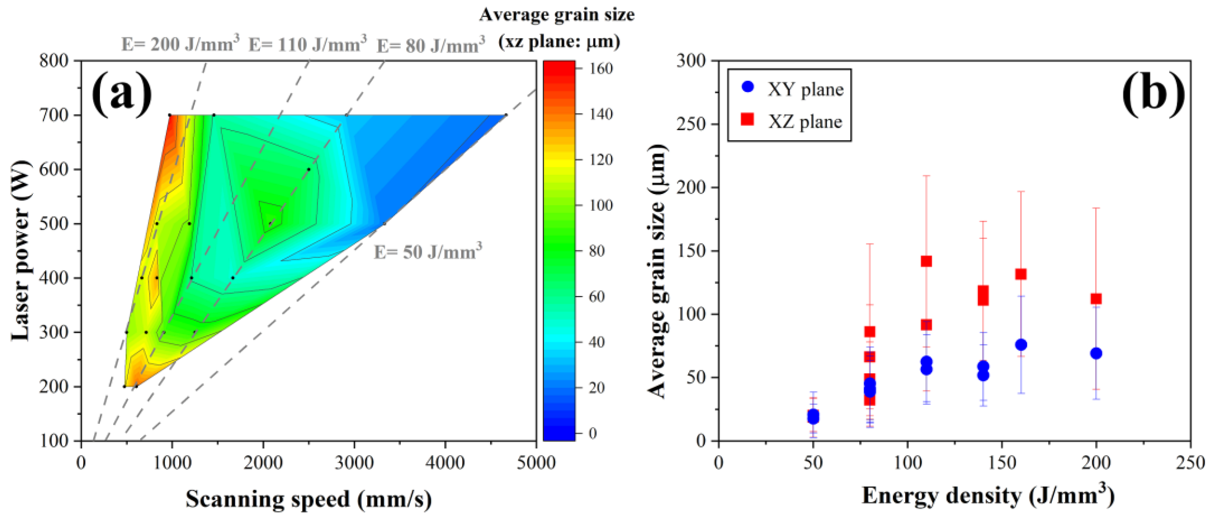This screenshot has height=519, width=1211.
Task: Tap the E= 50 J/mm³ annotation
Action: point(427,252)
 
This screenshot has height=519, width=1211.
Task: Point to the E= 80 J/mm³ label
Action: point(431,46)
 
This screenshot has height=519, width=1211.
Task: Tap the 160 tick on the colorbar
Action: point(601,69)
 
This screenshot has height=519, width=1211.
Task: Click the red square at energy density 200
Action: point(1096,298)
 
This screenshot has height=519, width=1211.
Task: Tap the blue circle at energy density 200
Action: point(1096,353)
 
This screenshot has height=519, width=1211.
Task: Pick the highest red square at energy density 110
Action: point(926,261)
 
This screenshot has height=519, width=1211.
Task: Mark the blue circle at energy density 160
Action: point(1021,344)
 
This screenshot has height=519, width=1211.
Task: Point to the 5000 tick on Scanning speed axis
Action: point(536,463)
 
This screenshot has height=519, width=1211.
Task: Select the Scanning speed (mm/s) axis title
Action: point(308,499)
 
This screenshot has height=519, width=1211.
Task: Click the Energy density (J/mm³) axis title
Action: point(987,496)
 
